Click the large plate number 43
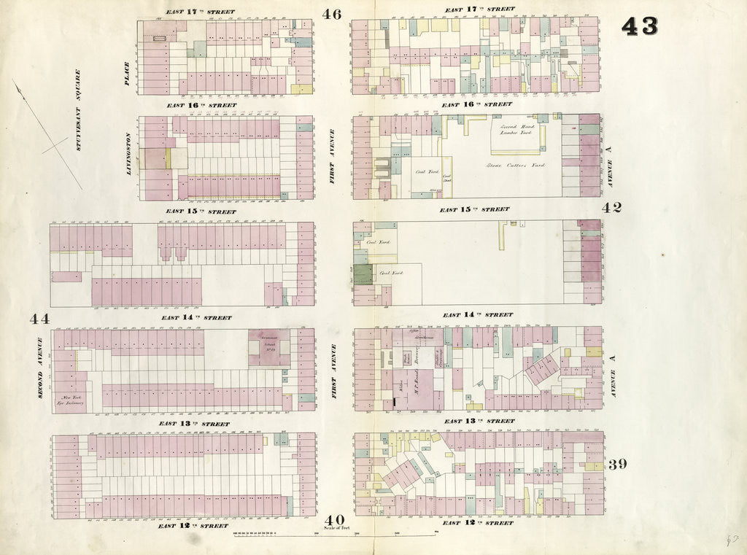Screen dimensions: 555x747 click(x=639, y=26)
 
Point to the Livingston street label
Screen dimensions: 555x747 click(x=129, y=154)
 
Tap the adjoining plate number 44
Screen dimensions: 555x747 click(x=39, y=319)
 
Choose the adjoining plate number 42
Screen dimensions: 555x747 click(x=611, y=207)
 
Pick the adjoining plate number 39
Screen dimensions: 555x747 click(x=616, y=465)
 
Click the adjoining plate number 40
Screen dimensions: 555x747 click(x=335, y=519)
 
